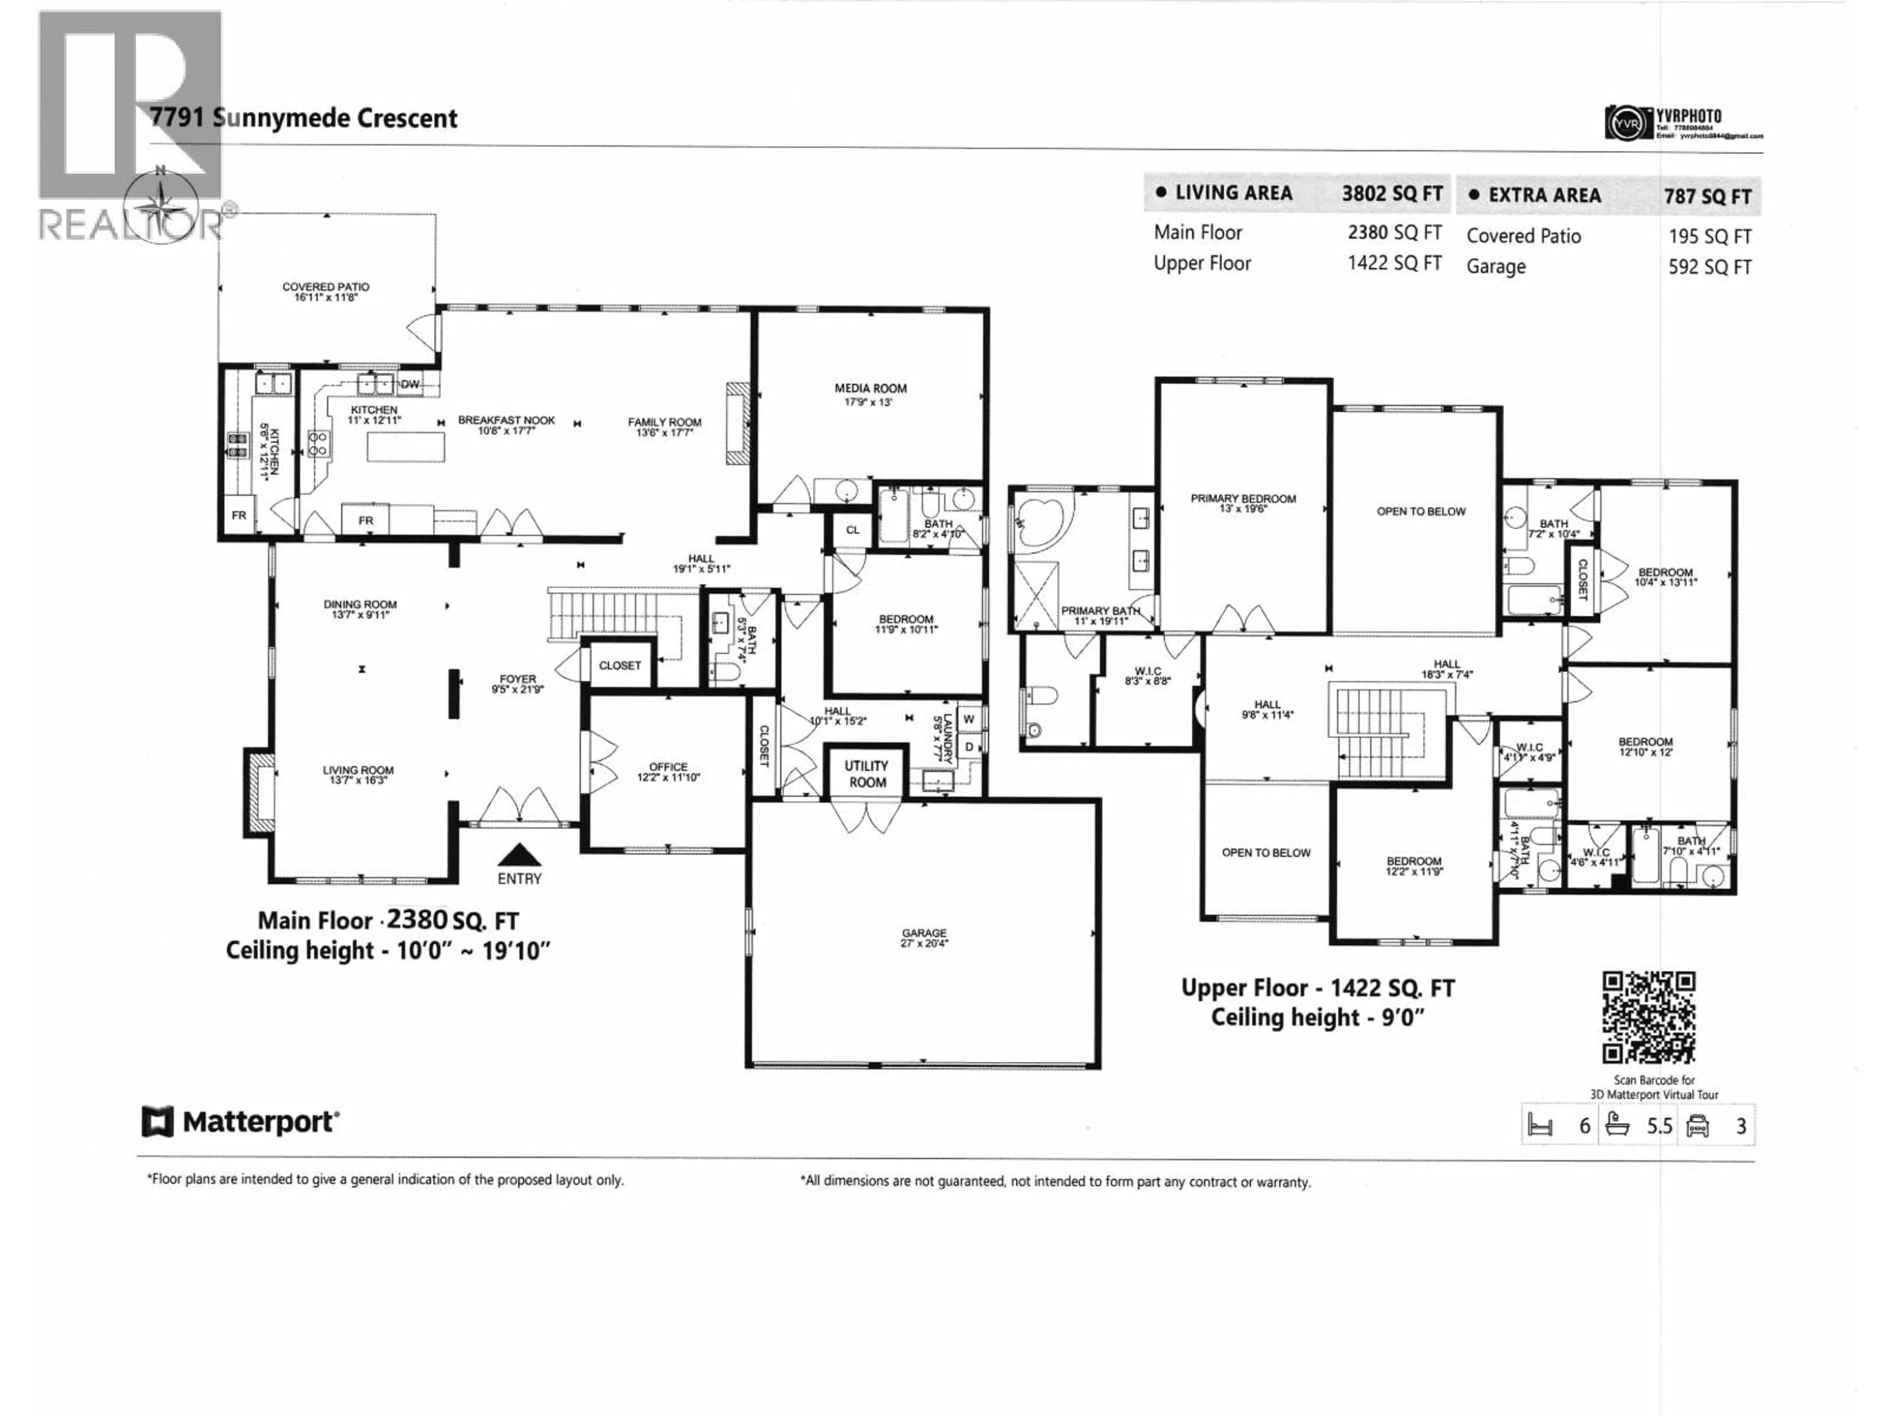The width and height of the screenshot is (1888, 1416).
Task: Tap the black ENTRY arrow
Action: point(518,855)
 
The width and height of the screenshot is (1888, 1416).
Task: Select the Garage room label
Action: point(923,937)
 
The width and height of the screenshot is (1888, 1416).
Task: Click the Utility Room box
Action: point(866,773)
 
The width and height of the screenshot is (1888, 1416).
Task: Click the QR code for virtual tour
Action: point(1648,1017)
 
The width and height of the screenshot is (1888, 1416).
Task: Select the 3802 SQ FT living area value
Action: point(1391,194)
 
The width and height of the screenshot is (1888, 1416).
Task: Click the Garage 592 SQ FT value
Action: point(1709,267)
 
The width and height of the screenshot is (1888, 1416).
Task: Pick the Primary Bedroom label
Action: point(1243,502)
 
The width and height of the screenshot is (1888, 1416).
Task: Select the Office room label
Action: point(668,771)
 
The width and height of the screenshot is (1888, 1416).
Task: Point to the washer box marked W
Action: point(969,719)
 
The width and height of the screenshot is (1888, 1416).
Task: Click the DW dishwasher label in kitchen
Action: point(410,384)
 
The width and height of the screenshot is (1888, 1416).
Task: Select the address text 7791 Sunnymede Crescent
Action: point(304,118)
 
